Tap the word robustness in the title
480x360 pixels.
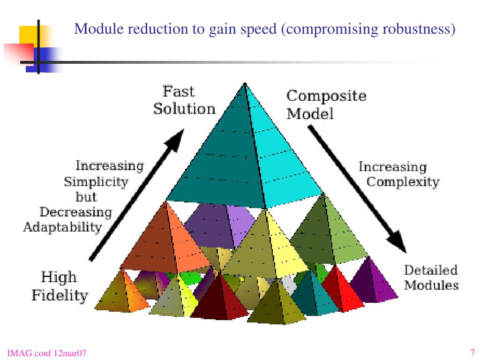tap(419, 29)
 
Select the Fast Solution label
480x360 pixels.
tap(184, 100)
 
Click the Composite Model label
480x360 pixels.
tap(326, 105)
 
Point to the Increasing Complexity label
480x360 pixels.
tap(398, 174)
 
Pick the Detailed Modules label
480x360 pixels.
tap(431, 277)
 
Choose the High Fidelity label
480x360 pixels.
tap(59, 286)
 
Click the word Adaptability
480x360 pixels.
tap(62, 228)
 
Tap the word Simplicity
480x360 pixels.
tap(96, 181)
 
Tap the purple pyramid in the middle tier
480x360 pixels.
tap(220, 225)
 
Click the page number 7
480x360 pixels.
tap(472, 352)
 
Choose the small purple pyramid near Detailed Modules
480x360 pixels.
tap(373, 281)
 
